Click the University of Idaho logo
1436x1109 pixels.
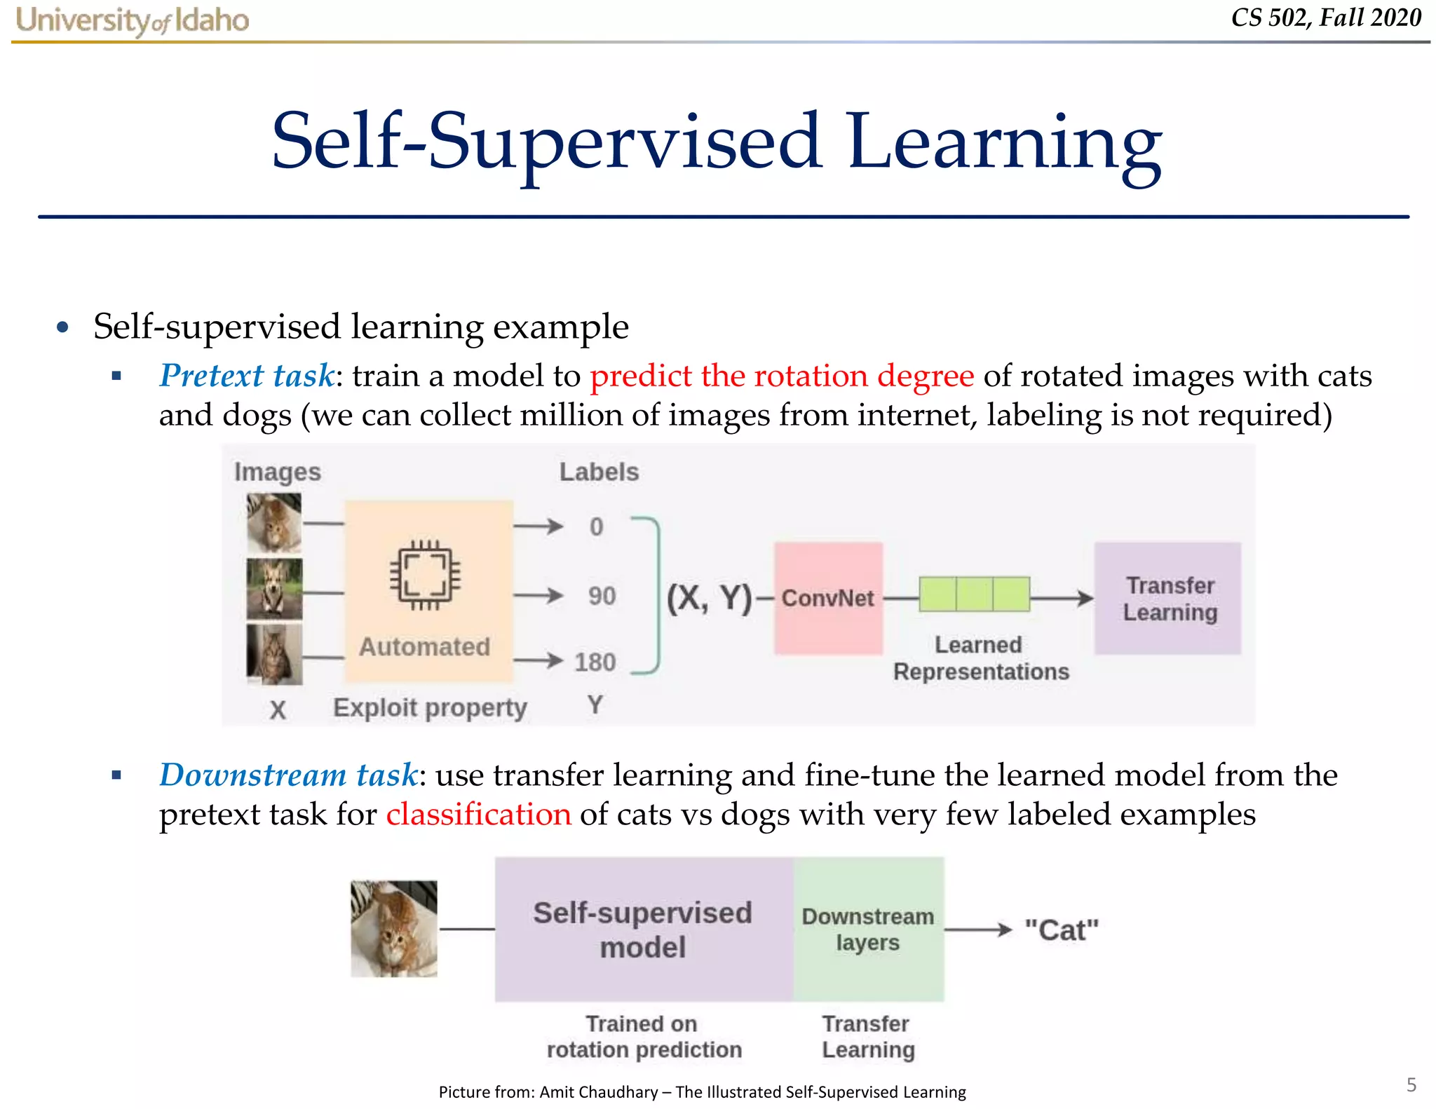tap(132, 20)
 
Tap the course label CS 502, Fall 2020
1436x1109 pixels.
tap(1326, 18)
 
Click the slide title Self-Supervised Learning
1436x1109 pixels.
tap(716, 142)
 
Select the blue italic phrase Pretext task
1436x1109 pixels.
tap(246, 376)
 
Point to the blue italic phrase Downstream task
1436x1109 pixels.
tap(288, 775)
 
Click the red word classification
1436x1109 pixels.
tap(478, 815)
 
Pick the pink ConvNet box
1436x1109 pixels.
tap(828, 598)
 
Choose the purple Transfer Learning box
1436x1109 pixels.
tap(1167, 598)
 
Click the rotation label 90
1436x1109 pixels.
tap(602, 596)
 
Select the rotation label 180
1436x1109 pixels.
tap(595, 662)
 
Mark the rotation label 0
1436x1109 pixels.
tap(596, 526)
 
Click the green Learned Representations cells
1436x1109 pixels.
tap(974, 594)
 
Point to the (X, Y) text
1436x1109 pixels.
tap(708, 598)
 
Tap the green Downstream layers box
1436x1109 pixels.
tap(868, 929)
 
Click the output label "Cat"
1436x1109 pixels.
tap(1061, 930)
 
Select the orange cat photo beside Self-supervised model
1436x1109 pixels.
tap(393, 929)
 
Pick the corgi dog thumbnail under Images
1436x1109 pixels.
tap(274, 589)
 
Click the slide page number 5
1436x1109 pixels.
tap(1411, 1085)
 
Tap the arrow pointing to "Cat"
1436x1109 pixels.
tap(979, 930)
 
